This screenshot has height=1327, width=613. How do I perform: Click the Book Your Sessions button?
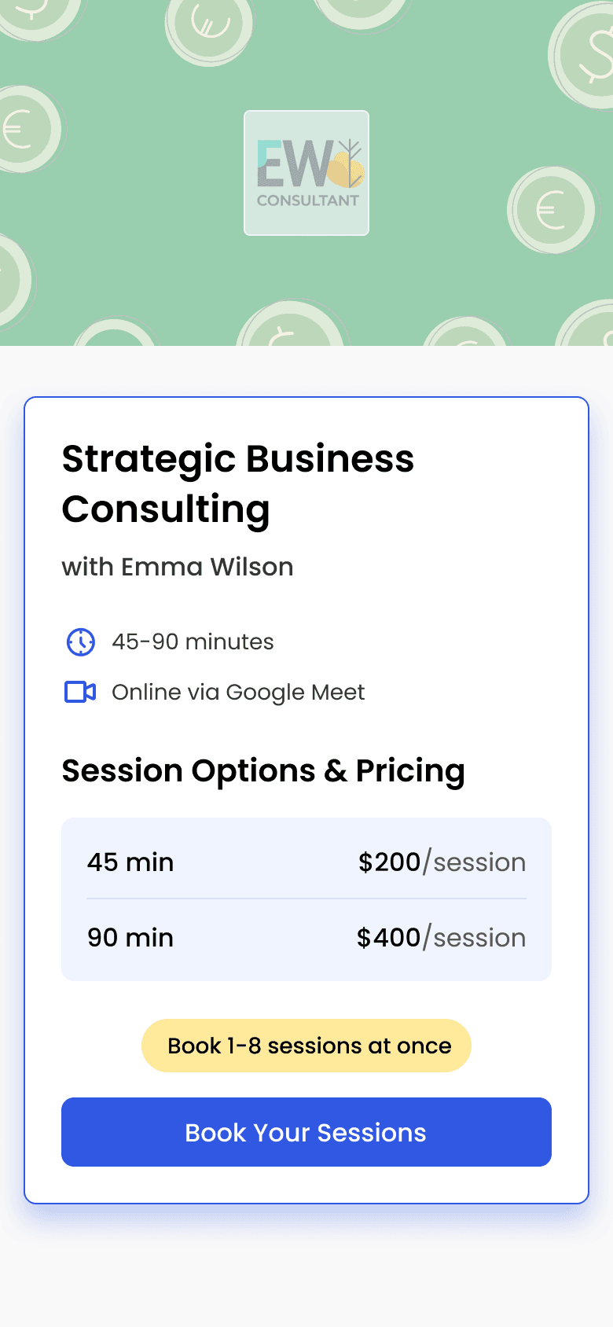[306, 1131]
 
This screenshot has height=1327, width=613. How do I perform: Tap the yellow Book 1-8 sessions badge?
[306, 1045]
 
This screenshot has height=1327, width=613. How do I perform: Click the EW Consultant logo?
[306, 173]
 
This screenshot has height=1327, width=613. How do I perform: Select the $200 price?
[389, 862]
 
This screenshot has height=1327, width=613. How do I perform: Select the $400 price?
[388, 937]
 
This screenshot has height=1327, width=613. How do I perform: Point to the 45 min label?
[130, 862]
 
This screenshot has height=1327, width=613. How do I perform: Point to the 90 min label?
[130, 938]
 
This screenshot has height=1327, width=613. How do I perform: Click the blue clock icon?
[80, 642]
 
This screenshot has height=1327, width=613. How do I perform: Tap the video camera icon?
[80, 692]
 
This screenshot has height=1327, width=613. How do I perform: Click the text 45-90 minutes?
[193, 641]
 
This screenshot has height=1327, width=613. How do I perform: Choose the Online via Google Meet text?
[238, 693]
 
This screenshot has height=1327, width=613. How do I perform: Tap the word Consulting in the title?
[166, 510]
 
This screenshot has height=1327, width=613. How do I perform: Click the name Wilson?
[251, 567]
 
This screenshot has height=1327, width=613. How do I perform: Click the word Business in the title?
[330, 459]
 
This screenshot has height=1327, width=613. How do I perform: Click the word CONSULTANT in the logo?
[308, 200]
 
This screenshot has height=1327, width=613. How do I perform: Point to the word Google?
[265, 693]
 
